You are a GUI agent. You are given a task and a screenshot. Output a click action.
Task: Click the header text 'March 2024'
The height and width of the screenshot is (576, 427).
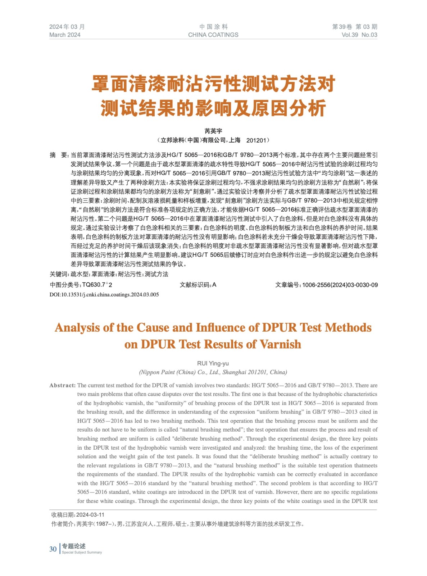click(x=65, y=35)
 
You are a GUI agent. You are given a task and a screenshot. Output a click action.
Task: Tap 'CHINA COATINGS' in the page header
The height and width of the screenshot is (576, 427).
click(x=213, y=35)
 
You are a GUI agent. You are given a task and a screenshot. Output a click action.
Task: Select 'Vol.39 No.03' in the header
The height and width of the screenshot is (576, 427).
click(x=359, y=35)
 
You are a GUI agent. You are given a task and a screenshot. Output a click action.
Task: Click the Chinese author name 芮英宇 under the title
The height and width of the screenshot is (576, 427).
click(x=213, y=131)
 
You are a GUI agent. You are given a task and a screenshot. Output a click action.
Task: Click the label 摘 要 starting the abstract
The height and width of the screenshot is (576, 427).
click(x=59, y=155)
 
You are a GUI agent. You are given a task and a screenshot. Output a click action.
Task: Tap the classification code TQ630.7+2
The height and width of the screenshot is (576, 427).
click(x=97, y=285)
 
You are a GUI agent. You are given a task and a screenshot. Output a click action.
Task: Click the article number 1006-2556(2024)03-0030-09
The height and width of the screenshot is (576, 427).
click(x=340, y=285)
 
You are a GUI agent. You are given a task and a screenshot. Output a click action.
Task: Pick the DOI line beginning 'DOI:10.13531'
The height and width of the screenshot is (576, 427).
click(x=104, y=294)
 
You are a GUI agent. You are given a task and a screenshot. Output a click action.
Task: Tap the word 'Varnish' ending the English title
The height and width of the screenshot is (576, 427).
click(x=281, y=345)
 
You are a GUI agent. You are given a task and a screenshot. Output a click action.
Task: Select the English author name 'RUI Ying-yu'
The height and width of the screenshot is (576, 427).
click(x=213, y=364)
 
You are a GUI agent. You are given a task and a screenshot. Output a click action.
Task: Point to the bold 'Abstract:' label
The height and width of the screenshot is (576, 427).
click(x=63, y=386)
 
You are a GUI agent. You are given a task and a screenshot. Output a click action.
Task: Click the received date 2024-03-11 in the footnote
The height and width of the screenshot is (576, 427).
click(x=90, y=515)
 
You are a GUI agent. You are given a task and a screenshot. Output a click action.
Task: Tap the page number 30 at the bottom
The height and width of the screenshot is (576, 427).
click(x=53, y=549)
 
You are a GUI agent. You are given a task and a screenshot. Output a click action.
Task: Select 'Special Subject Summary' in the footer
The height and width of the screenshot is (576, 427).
click(x=82, y=552)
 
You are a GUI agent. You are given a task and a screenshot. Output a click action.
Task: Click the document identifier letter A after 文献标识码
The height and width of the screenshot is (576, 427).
click(x=214, y=285)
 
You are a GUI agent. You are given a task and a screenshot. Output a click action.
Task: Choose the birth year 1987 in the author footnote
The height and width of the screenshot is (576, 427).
click(x=103, y=524)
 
